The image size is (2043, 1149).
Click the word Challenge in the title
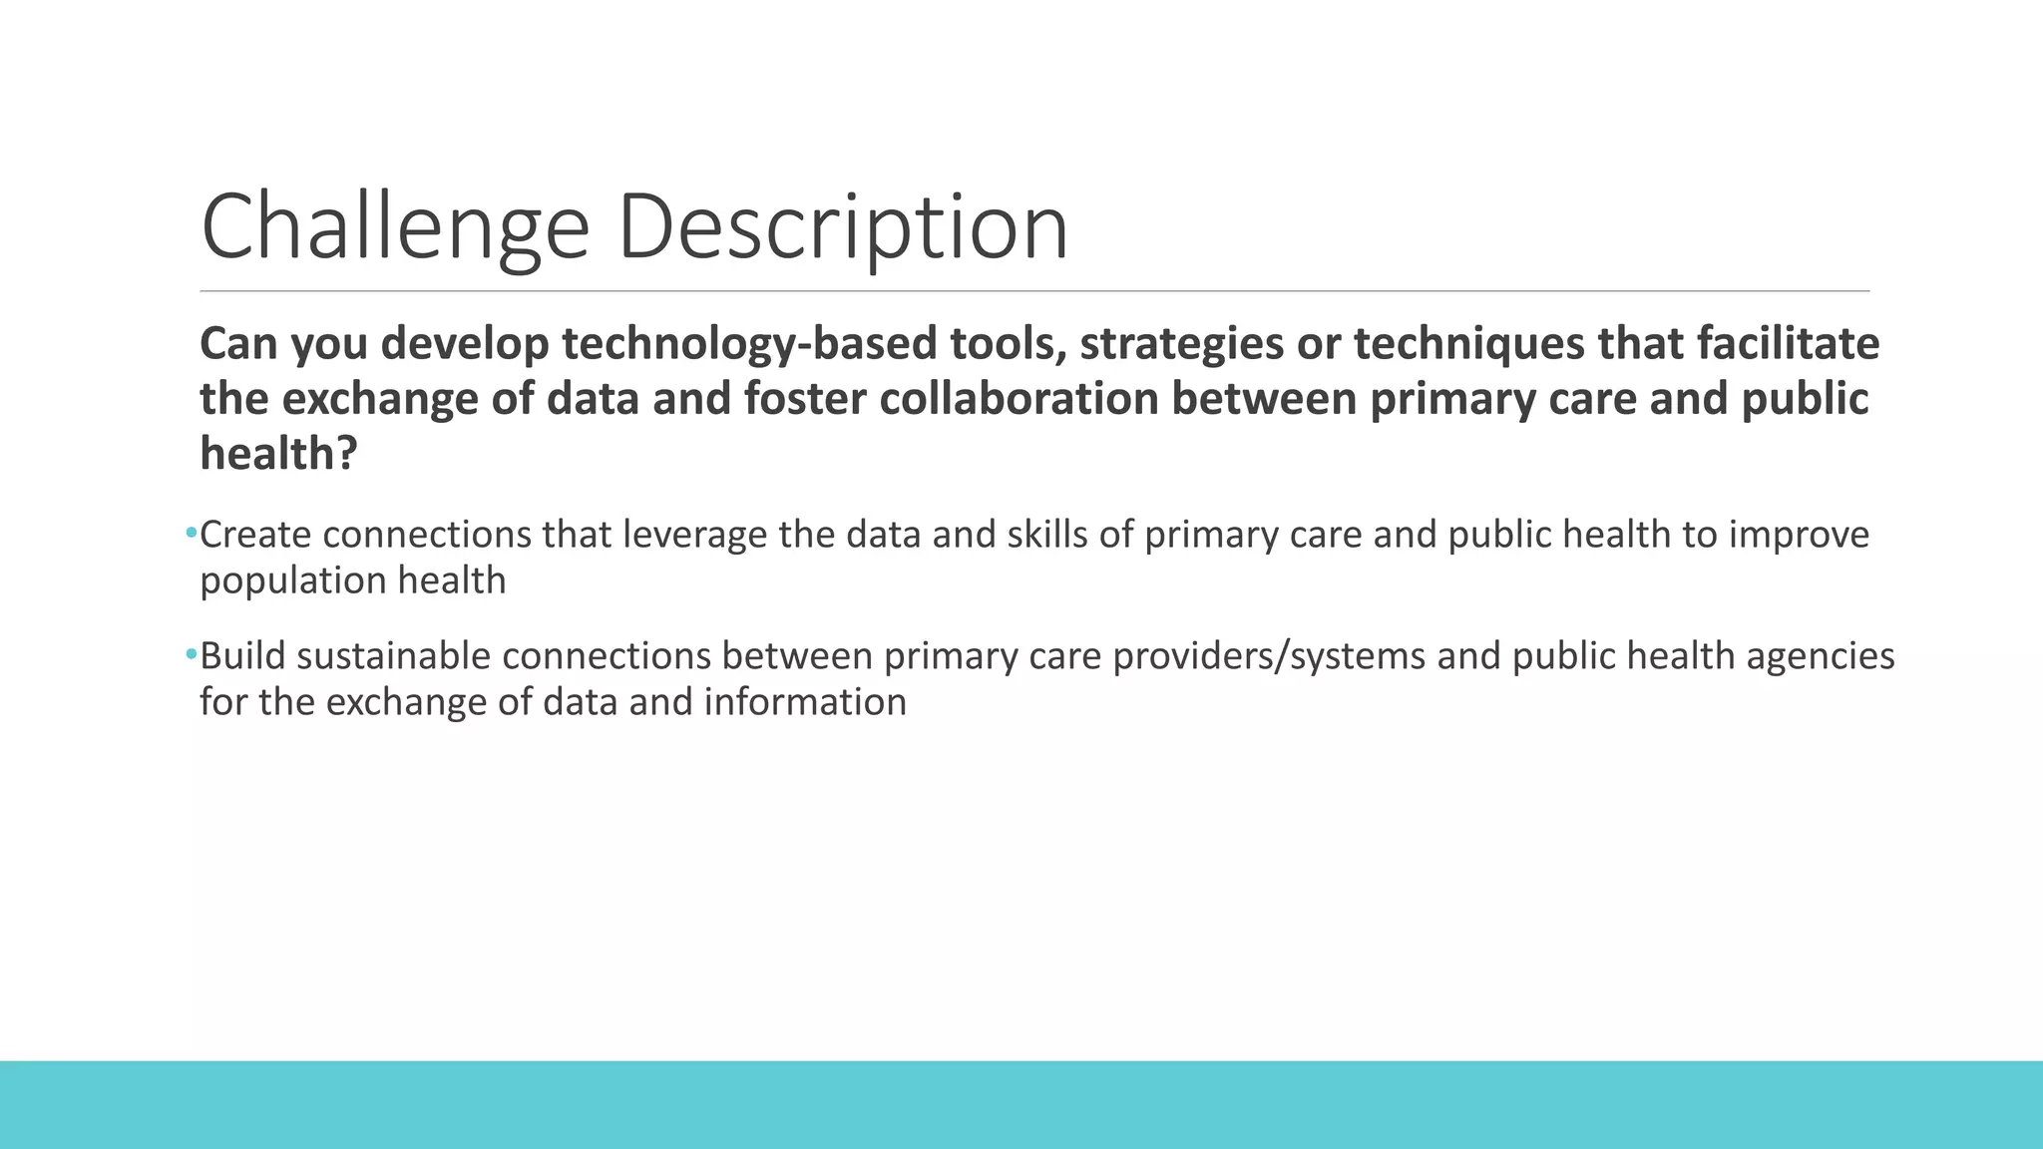click(x=395, y=227)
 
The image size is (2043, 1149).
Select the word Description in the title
click(x=843, y=227)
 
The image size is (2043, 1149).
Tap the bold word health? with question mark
click(x=278, y=455)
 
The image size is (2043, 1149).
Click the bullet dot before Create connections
click(x=191, y=535)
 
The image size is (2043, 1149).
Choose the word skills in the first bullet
click(x=1046, y=536)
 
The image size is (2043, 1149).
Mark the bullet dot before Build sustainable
click(x=191, y=656)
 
